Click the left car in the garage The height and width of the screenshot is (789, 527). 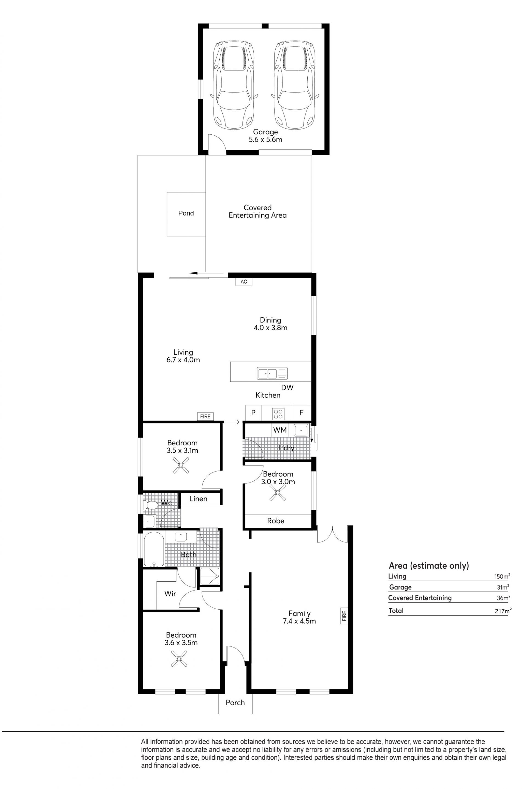[234, 85]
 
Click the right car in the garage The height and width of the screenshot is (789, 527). [295, 85]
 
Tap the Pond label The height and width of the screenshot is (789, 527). [186, 213]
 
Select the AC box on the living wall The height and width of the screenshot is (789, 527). [244, 281]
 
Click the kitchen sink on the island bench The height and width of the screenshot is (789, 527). [272, 373]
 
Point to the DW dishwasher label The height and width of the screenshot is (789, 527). [287, 388]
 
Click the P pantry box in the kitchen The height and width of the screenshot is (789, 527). [253, 413]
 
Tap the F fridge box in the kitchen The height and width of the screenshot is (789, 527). [301, 413]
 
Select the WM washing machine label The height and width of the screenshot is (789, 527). [280, 430]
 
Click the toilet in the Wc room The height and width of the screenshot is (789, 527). [151, 505]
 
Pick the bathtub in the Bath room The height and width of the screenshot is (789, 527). [154, 549]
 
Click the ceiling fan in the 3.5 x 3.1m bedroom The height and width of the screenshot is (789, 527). [181, 465]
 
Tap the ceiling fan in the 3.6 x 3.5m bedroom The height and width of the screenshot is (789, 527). [179, 658]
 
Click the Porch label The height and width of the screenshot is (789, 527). [235, 702]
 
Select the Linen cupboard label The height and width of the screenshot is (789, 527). [198, 499]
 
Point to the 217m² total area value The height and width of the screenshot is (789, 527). [503, 611]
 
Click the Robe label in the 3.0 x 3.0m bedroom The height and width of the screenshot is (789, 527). [276, 521]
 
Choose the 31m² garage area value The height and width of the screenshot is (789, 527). [503, 587]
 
